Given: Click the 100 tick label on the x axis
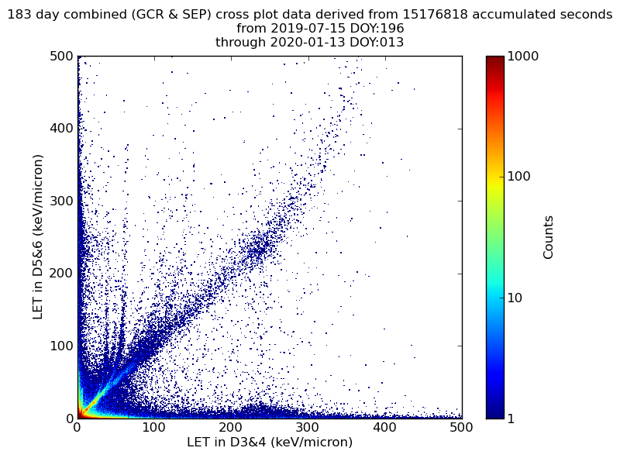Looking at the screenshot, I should (x=153, y=427).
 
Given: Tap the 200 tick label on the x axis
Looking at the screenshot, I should (x=231, y=427).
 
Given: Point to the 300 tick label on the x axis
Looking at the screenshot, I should (x=308, y=427).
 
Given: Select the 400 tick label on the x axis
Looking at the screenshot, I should (x=384, y=427).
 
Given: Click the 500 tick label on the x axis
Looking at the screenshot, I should (x=461, y=427).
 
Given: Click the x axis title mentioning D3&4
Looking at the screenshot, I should (x=270, y=443).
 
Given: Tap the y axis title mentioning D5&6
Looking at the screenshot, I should (x=37, y=236).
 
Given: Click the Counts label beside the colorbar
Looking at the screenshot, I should (x=549, y=237).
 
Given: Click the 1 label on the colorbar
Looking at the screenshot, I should (x=513, y=418).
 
